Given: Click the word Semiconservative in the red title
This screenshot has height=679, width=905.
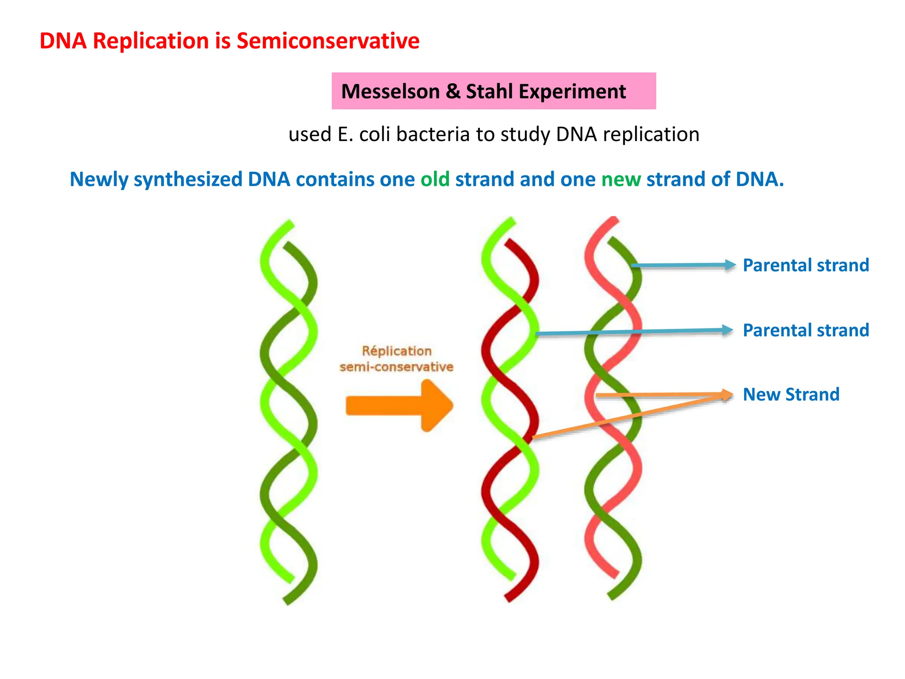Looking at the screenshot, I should click(328, 41).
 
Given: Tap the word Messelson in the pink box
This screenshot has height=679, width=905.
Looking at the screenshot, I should click(390, 92).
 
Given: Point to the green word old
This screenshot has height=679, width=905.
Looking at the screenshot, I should click(435, 179).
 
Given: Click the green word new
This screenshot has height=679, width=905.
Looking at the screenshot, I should click(621, 179).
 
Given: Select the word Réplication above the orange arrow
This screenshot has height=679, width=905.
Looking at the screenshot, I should click(396, 351).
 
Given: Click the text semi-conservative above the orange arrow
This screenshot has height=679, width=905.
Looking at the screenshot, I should click(396, 367).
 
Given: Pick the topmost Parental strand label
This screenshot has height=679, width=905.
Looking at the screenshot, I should click(806, 265).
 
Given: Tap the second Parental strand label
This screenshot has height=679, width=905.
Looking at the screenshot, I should click(806, 330).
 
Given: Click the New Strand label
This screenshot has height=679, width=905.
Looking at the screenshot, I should click(791, 394).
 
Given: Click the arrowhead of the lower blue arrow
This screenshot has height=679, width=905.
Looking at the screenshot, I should click(727, 330).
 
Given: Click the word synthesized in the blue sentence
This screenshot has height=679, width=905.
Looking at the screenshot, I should click(188, 179).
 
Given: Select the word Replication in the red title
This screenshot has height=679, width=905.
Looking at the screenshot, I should click(151, 41).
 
